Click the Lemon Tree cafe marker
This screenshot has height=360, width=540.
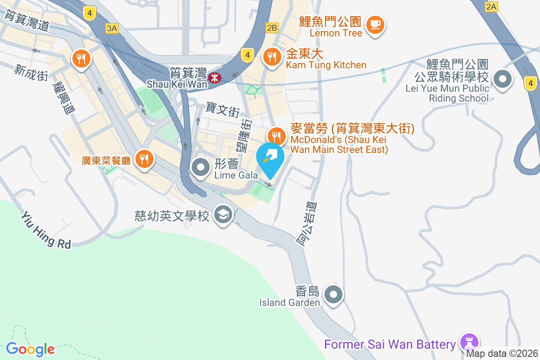pos(375,23)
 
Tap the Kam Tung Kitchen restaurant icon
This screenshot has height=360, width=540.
pos(272,57)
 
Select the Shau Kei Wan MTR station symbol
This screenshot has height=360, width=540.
pos(215,77)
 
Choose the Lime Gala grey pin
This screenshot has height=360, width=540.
pos(201,168)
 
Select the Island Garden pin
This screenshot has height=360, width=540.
pos(333,295)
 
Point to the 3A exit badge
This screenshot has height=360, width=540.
pos(112,28)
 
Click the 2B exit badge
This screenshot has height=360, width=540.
pos(272,28)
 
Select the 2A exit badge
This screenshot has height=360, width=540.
pos(491,6)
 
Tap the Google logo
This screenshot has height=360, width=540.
pos(30,349)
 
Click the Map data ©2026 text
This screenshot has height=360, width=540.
pos(502,353)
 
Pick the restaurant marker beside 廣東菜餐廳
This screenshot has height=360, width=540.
pos(144,158)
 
